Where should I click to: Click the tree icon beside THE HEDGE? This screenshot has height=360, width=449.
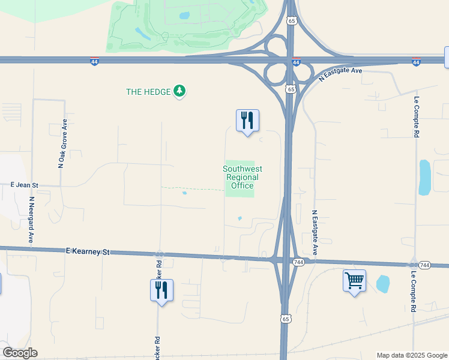click(x=179, y=91)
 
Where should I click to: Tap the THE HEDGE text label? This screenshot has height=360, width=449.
click(x=148, y=92)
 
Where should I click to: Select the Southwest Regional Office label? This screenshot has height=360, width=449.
click(x=243, y=178)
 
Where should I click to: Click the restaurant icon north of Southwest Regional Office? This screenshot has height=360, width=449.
click(x=247, y=121)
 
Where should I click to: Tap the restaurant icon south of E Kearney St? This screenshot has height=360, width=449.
click(x=161, y=290)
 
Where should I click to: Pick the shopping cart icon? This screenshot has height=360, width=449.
click(x=354, y=280)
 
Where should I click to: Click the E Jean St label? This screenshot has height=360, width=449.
click(x=24, y=185)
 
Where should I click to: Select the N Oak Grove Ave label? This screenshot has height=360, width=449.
click(x=62, y=143)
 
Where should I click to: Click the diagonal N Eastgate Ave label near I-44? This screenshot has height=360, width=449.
click(x=340, y=75)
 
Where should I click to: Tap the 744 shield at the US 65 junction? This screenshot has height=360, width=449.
click(x=298, y=262)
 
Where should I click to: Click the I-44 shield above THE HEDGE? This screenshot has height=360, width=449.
click(x=95, y=61)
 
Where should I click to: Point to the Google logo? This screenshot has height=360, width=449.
click(x=20, y=353)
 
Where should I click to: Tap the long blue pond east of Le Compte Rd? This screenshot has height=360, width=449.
click(x=424, y=177)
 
